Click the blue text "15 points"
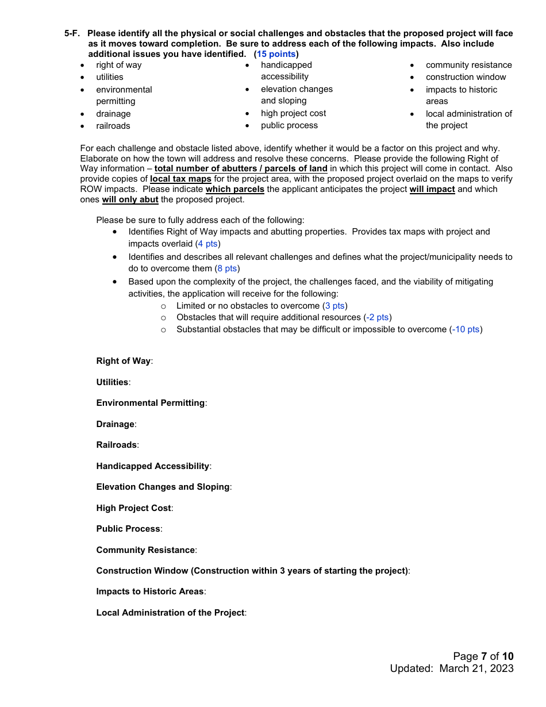point(276,54)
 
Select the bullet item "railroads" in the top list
point(113,126)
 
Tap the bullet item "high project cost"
point(293,113)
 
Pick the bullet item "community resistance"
point(468,65)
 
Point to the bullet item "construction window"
point(466,77)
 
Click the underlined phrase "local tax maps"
point(180,179)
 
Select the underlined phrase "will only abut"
point(130,199)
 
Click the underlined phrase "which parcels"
point(235,189)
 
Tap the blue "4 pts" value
point(207,244)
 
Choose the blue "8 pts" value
point(227,268)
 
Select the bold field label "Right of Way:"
point(124,361)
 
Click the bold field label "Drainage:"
point(116,424)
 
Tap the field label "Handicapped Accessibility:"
point(153,466)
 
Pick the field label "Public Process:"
point(129,529)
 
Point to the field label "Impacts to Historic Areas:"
point(151,591)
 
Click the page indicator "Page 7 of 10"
point(483,656)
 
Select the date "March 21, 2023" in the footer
point(476,668)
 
